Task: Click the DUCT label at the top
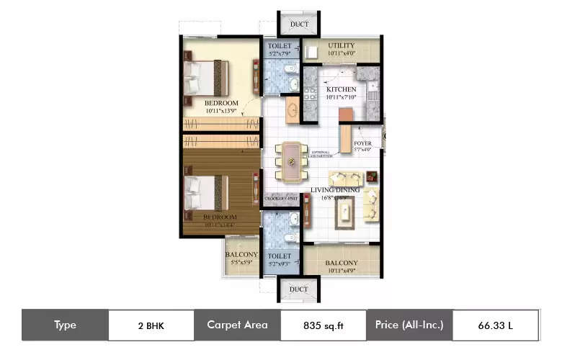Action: point(299,25)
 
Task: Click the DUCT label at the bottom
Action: point(299,289)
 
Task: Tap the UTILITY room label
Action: point(341,46)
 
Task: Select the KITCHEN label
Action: point(341,89)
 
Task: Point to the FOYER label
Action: point(362,143)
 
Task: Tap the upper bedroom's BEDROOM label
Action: point(220,104)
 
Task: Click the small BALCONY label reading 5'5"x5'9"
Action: point(241,255)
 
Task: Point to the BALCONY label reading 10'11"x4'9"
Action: point(341,263)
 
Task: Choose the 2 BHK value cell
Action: point(151,325)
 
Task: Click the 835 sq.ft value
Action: point(323,325)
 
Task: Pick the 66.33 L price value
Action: point(495,325)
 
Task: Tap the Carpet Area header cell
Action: point(237,325)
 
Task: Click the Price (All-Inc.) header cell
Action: point(409,325)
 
